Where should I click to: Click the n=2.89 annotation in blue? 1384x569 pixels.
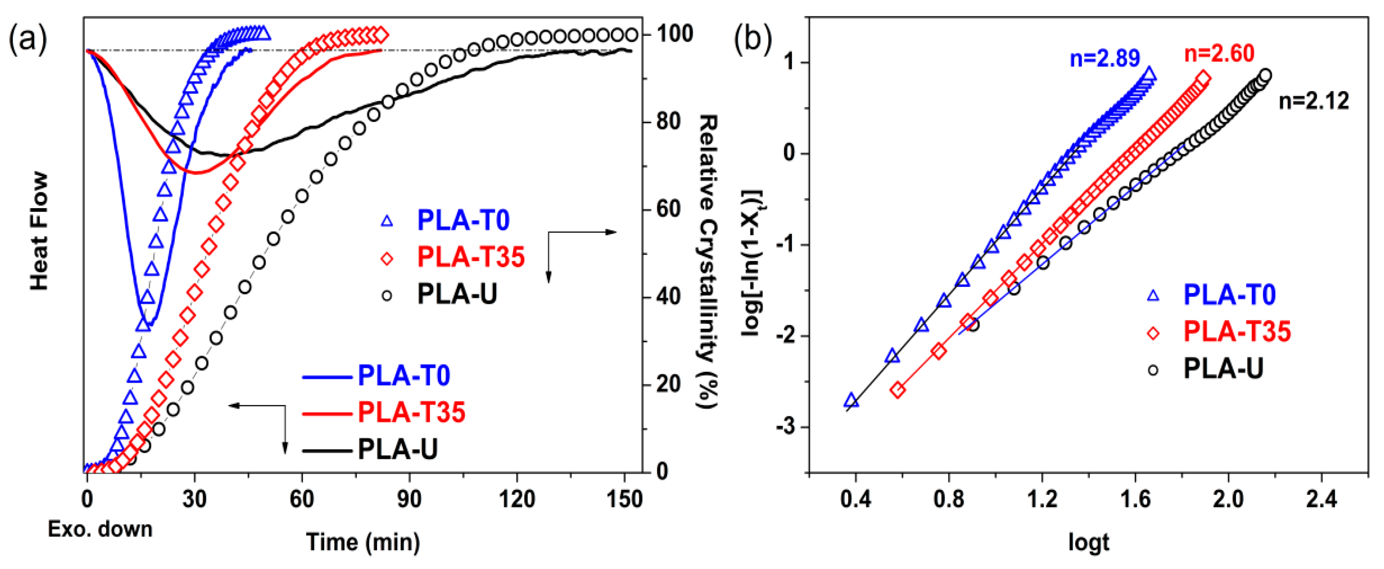pos(1105,58)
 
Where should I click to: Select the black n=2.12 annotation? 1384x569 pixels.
pos(1314,101)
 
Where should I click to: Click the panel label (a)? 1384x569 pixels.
pos(28,40)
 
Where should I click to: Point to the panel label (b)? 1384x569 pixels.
pos(753,40)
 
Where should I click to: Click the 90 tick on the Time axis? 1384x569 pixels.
pos(409,499)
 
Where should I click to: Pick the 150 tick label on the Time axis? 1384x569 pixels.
pos(624,499)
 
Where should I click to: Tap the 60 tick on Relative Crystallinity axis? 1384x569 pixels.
pos(668,209)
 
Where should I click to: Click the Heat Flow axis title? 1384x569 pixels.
pos(39,231)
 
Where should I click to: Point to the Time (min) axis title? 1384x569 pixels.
pos(363,542)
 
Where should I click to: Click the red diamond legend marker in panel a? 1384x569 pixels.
pos(386,259)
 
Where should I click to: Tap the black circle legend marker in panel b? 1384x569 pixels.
pos(1153,370)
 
